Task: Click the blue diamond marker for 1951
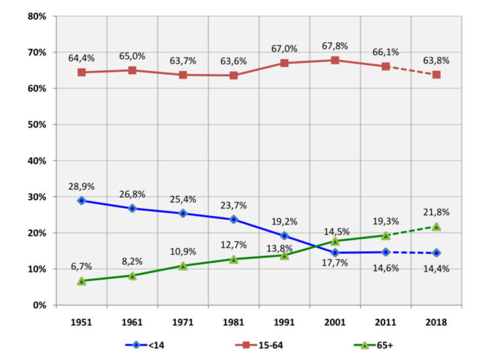(x=81, y=200)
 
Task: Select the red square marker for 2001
(x=335, y=60)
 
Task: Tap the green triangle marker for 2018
(x=436, y=226)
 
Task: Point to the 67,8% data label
(x=335, y=46)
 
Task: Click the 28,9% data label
(x=81, y=187)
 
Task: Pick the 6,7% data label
(x=81, y=266)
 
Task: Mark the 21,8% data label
(x=436, y=213)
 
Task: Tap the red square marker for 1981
(x=234, y=75)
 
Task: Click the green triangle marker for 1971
(x=183, y=266)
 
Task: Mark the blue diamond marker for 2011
(x=386, y=252)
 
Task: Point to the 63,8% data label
(x=436, y=61)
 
